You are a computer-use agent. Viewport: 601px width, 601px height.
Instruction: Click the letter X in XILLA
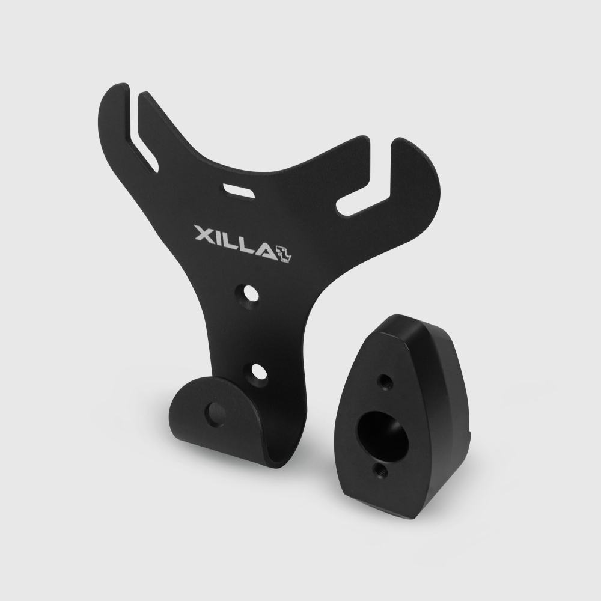tap(204, 234)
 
